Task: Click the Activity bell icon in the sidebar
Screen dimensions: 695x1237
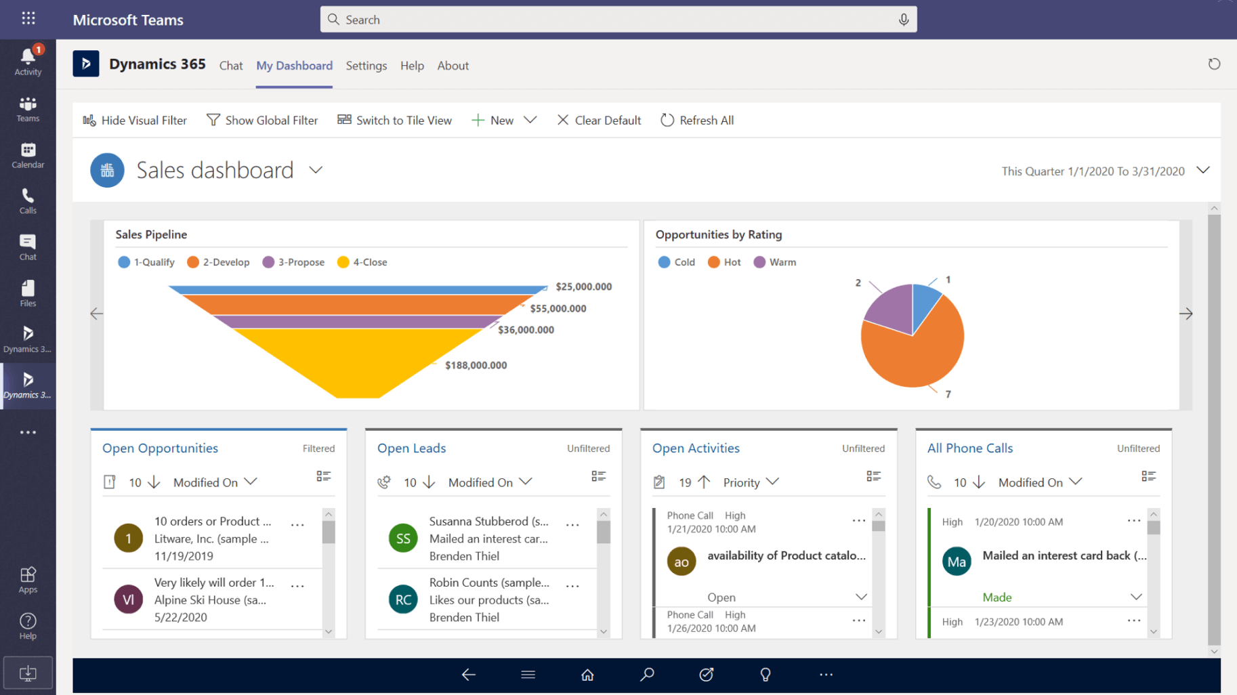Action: [28, 57]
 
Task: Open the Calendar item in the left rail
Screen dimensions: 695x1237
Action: [28, 155]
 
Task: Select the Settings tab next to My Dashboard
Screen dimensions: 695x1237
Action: [366, 66]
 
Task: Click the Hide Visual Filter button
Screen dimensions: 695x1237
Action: [135, 120]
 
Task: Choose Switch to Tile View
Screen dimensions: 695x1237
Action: [395, 120]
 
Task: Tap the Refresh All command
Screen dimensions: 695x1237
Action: [697, 120]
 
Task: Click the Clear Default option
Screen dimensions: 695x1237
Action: [599, 120]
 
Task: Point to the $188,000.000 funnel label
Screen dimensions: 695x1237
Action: [476, 365]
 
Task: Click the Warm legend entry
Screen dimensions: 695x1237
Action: [775, 262]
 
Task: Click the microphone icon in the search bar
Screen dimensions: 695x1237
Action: [903, 20]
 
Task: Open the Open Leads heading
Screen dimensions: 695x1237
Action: [411, 448]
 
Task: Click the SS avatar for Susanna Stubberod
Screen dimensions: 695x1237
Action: [403, 539]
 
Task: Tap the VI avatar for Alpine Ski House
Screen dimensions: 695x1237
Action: [128, 599]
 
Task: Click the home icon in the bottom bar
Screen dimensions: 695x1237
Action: [587, 675]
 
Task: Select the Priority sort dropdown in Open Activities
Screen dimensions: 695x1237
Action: [751, 482]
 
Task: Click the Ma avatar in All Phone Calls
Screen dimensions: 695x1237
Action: [957, 562]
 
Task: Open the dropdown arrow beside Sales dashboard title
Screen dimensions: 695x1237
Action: [316, 170]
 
